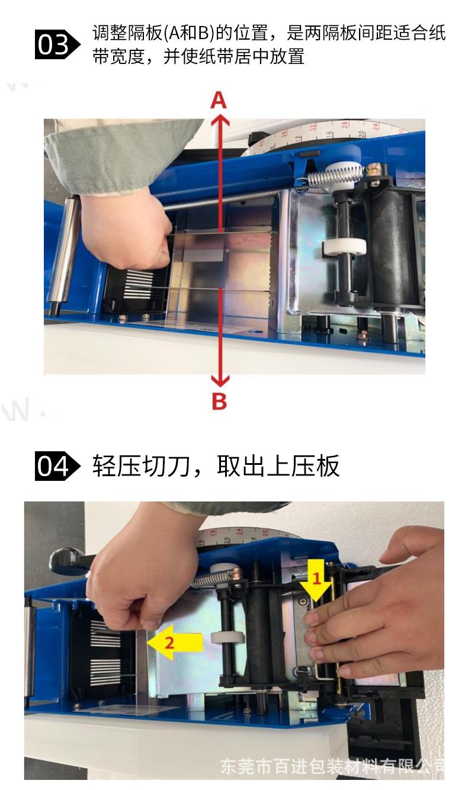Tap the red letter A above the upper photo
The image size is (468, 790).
point(219,101)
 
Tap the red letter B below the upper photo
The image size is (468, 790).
point(219,402)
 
